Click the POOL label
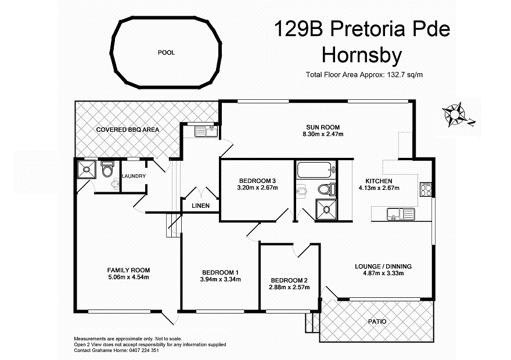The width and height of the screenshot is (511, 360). click(166, 53)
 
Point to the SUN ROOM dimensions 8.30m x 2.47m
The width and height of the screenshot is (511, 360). click(323, 134)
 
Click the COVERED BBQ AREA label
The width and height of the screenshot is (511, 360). click(128, 129)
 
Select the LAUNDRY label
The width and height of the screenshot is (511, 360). click(134, 176)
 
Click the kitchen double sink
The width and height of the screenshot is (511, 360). click(401, 214)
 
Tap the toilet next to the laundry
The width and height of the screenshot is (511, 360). click(107, 170)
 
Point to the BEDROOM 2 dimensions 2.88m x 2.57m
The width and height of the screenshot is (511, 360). click(288, 287)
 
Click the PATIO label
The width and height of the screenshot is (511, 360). click(376, 321)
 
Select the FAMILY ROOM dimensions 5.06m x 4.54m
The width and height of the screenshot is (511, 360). click(128, 277)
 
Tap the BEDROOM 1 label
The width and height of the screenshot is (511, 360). click(220, 272)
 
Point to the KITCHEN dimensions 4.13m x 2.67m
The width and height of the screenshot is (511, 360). click(379, 188)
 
